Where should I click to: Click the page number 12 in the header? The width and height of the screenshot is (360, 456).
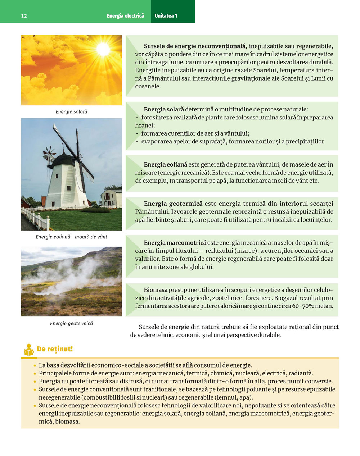(x=24, y=16)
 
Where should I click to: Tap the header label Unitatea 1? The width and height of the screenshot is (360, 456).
(x=166, y=16)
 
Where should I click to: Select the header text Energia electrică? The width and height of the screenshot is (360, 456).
(x=125, y=16)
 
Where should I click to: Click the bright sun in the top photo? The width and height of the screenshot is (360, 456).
(x=103, y=49)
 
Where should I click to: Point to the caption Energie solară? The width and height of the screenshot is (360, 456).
(x=71, y=112)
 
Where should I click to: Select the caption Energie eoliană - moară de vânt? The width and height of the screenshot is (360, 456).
(x=71, y=237)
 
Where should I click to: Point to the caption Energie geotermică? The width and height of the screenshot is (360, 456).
(x=71, y=324)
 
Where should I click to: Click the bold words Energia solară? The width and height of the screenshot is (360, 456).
(x=164, y=109)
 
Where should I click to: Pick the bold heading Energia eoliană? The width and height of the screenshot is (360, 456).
(x=166, y=164)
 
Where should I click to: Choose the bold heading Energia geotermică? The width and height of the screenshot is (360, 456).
(x=173, y=204)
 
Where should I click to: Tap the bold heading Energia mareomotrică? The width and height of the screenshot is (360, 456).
(x=175, y=243)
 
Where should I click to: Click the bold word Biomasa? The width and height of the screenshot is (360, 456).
(x=156, y=290)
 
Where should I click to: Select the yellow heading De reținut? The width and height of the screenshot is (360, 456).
(x=55, y=349)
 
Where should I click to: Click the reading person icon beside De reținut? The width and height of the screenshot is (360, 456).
(x=29, y=350)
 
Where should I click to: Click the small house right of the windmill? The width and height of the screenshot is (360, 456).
(x=111, y=199)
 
